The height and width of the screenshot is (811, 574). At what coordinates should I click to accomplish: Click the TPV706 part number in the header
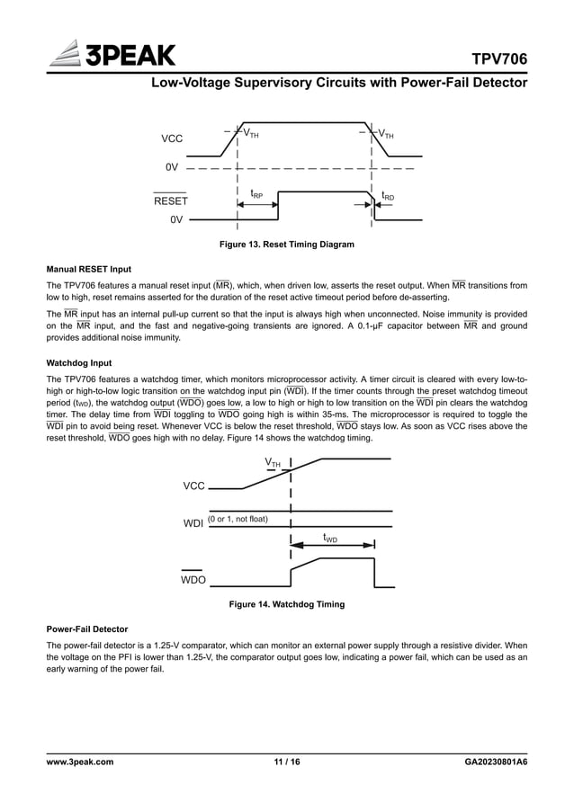tap(499, 59)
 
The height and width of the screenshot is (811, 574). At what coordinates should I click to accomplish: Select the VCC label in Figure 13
tap(172, 139)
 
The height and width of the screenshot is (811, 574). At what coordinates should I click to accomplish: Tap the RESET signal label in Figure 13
tap(170, 201)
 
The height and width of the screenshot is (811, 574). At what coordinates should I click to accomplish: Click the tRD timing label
tap(388, 195)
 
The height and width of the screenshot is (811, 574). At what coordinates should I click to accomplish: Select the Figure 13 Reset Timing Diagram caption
tap(287, 245)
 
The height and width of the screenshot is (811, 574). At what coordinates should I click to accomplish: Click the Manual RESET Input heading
tap(89, 269)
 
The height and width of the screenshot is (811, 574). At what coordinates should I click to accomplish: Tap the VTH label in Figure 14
tap(273, 462)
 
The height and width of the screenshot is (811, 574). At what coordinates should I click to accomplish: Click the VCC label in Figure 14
tap(193, 486)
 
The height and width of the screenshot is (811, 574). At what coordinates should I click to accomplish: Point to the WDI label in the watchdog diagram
tap(193, 523)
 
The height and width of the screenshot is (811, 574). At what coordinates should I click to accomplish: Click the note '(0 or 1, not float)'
tap(238, 520)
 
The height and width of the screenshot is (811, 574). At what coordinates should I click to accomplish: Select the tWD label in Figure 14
tap(330, 538)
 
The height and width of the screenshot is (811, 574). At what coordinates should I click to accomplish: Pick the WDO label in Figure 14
tap(193, 580)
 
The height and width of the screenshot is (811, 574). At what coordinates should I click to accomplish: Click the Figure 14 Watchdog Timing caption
tap(287, 604)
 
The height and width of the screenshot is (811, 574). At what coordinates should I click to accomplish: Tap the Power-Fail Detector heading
tap(87, 628)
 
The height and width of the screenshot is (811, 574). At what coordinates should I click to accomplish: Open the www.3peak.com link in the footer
tap(80, 762)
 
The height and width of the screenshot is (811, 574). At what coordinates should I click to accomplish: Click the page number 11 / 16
tap(286, 762)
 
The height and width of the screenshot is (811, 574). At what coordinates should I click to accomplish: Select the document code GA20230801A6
tap(490, 762)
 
